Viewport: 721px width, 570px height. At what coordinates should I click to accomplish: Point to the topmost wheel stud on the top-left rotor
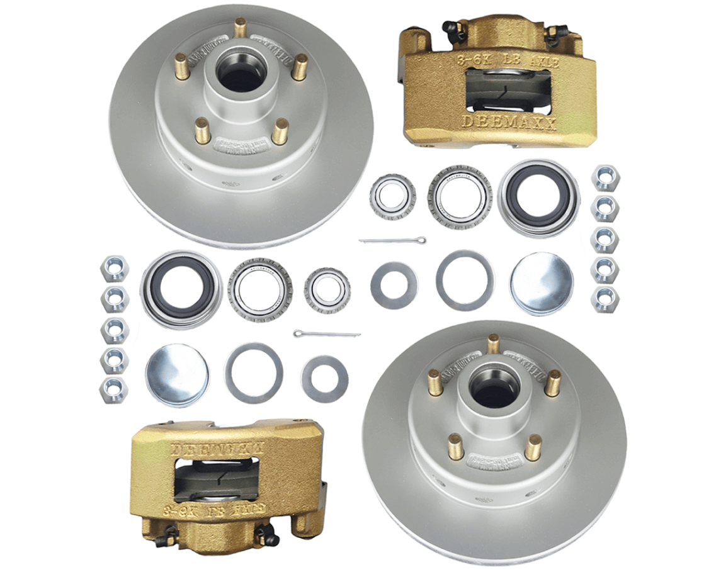coord(240,28)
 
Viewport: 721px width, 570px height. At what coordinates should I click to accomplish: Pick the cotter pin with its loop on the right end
coord(392,240)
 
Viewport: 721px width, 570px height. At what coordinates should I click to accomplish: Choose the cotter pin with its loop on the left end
coord(326,333)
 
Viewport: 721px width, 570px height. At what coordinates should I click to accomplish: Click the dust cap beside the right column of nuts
coord(542,284)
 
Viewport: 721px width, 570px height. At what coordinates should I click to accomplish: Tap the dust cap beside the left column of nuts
coord(177,374)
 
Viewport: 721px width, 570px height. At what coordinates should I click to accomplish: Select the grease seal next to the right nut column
coord(538,197)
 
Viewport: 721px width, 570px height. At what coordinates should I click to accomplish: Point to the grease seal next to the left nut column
coord(181,288)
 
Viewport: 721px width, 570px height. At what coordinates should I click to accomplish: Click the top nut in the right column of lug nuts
coord(605,177)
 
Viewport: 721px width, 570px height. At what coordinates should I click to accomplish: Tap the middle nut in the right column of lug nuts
coord(605,239)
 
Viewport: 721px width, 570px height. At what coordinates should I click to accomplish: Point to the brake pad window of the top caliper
coord(509,91)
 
